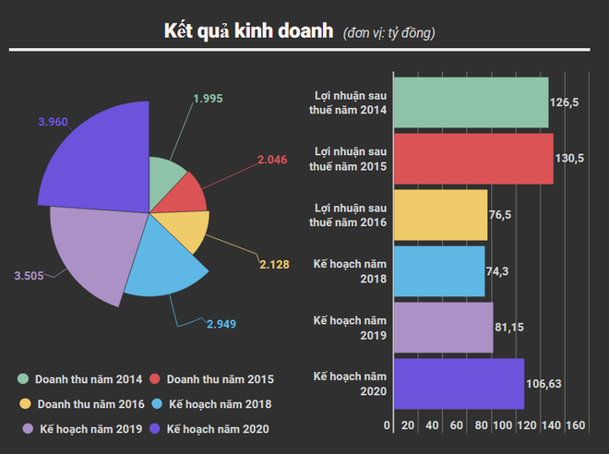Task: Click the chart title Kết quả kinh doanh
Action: click(x=248, y=30)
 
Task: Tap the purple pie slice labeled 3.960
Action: click(x=97, y=157)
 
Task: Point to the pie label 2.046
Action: click(x=272, y=160)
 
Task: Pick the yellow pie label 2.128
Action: click(x=274, y=264)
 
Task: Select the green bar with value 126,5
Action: click(x=471, y=102)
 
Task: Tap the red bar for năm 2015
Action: click(x=473, y=159)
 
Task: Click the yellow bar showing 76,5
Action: click(x=440, y=215)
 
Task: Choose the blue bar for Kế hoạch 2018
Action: click(x=439, y=271)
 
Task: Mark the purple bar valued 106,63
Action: click(x=459, y=384)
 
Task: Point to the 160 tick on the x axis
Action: click(x=575, y=425)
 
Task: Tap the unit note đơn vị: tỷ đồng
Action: click(x=388, y=33)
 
